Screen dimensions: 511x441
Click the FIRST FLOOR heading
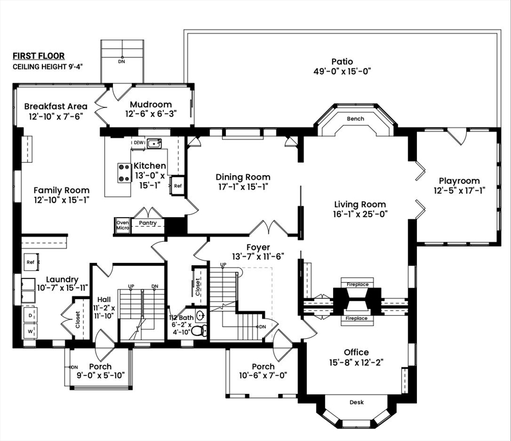click(x=38, y=56)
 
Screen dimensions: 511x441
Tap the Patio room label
click(x=342, y=61)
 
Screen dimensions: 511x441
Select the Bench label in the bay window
click(x=356, y=119)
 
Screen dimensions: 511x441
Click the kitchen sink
click(x=154, y=143)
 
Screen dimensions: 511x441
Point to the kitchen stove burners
click(x=124, y=173)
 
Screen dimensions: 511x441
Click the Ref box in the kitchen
click(x=177, y=185)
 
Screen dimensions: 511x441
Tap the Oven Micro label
click(x=123, y=225)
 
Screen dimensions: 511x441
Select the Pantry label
click(x=147, y=223)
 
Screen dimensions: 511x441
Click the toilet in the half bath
click(x=198, y=331)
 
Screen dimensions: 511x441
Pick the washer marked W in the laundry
click(x=30, y=331)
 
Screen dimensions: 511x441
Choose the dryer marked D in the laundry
click(x=30, y=315)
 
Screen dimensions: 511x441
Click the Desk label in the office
click(x=357, y=402)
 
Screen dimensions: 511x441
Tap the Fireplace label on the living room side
click(x=357, y=284)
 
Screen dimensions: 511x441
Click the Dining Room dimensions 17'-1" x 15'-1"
click(x=243, y=187)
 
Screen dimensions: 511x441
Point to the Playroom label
click(x=459, y=181)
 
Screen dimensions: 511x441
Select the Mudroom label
click(x=151, y=105)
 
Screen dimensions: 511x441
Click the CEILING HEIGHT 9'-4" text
click(x=48, y=67)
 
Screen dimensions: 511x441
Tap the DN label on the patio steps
click(x=122, y=61)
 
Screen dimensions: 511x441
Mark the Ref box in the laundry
click(x=30, y=262)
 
